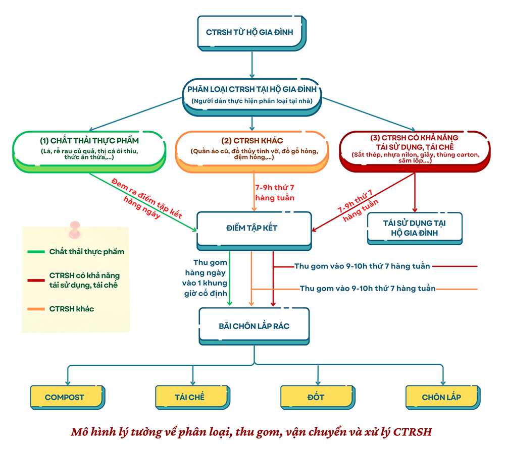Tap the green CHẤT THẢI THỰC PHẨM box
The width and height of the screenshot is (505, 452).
coord(89,148)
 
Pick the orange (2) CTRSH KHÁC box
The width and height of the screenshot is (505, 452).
coord(251,148)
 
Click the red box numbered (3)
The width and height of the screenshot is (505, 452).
coord(415,148)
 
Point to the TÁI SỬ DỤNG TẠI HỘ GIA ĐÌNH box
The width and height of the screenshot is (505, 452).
coord(414,228)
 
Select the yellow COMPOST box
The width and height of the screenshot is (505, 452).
coord(64,397)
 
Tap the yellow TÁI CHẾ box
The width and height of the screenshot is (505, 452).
coord(190,397)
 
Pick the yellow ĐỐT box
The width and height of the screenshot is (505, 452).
coord(315,397)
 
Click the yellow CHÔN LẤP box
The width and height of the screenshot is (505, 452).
coord(441,397)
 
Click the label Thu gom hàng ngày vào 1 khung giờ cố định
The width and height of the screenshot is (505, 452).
coord(208,278)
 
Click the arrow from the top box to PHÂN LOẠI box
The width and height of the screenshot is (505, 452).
coord(251,64)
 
